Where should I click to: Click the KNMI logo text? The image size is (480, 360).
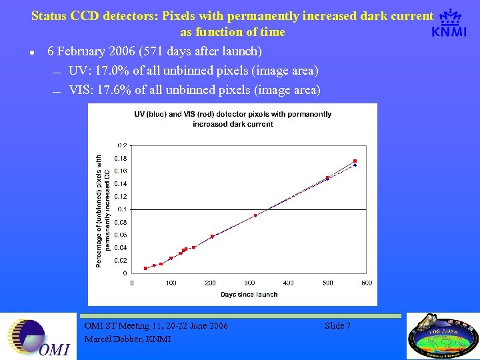click(449, 32)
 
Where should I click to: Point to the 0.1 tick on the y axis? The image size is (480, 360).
click(123, 209)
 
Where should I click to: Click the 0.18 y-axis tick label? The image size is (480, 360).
click(121, 158)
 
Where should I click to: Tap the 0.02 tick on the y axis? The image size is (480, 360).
click(121, 261)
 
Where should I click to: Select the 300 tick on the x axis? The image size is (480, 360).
click(249, 283)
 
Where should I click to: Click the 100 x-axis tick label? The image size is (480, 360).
click(171, 283)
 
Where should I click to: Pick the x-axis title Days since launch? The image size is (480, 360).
click(249, 294)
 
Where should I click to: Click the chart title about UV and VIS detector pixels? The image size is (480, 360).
click(233, 119)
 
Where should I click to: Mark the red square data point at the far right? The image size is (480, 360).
click(355, 161)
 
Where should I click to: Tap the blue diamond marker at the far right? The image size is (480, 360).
click(355, 165)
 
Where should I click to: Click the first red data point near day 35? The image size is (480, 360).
click(145, 268)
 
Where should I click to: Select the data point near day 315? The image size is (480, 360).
click(255, 215)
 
